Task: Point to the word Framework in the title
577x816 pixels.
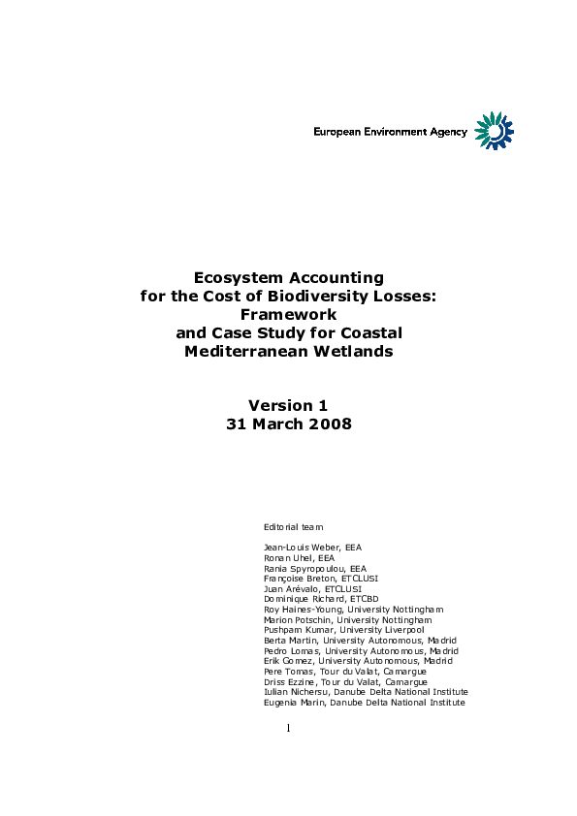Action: click(288, 314)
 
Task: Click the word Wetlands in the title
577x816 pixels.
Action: click(352, 351)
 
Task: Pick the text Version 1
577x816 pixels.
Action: click(288, 405)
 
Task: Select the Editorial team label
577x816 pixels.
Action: click(294, 526)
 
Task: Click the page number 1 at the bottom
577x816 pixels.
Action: click(288, 727)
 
